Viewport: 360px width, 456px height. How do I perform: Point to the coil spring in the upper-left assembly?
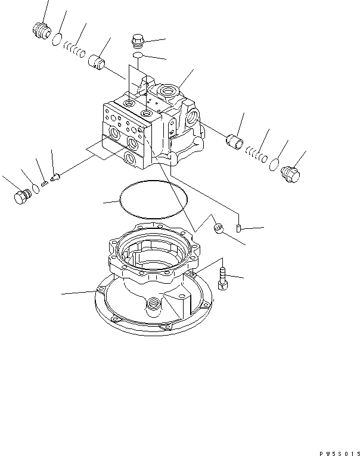75,48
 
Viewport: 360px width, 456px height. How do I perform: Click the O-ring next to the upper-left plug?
57,40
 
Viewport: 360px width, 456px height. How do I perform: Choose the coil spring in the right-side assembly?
256,155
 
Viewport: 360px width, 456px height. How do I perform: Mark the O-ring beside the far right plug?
275,165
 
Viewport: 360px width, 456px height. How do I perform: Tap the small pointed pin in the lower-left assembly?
54,177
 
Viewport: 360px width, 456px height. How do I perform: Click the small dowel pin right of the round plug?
238,228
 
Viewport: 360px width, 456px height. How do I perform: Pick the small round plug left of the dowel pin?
219,227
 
